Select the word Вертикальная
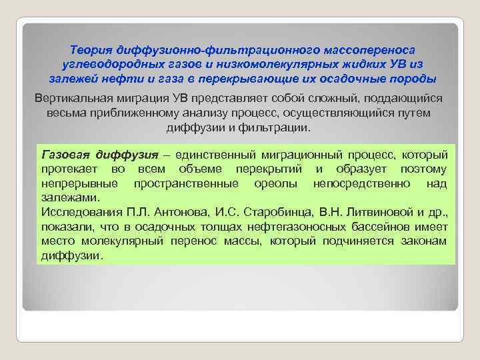coord(75,99)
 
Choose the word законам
coord(423,241)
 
